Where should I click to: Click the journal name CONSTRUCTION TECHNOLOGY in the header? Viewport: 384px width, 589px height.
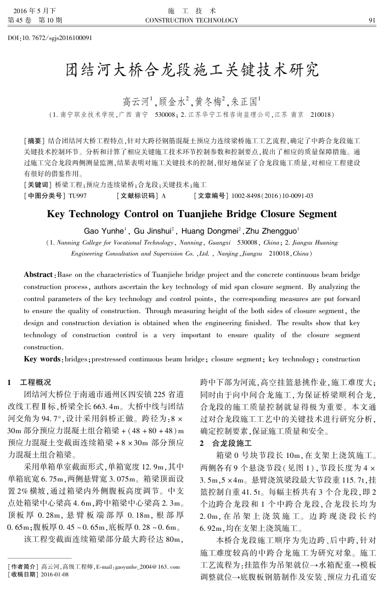point(191,20)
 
